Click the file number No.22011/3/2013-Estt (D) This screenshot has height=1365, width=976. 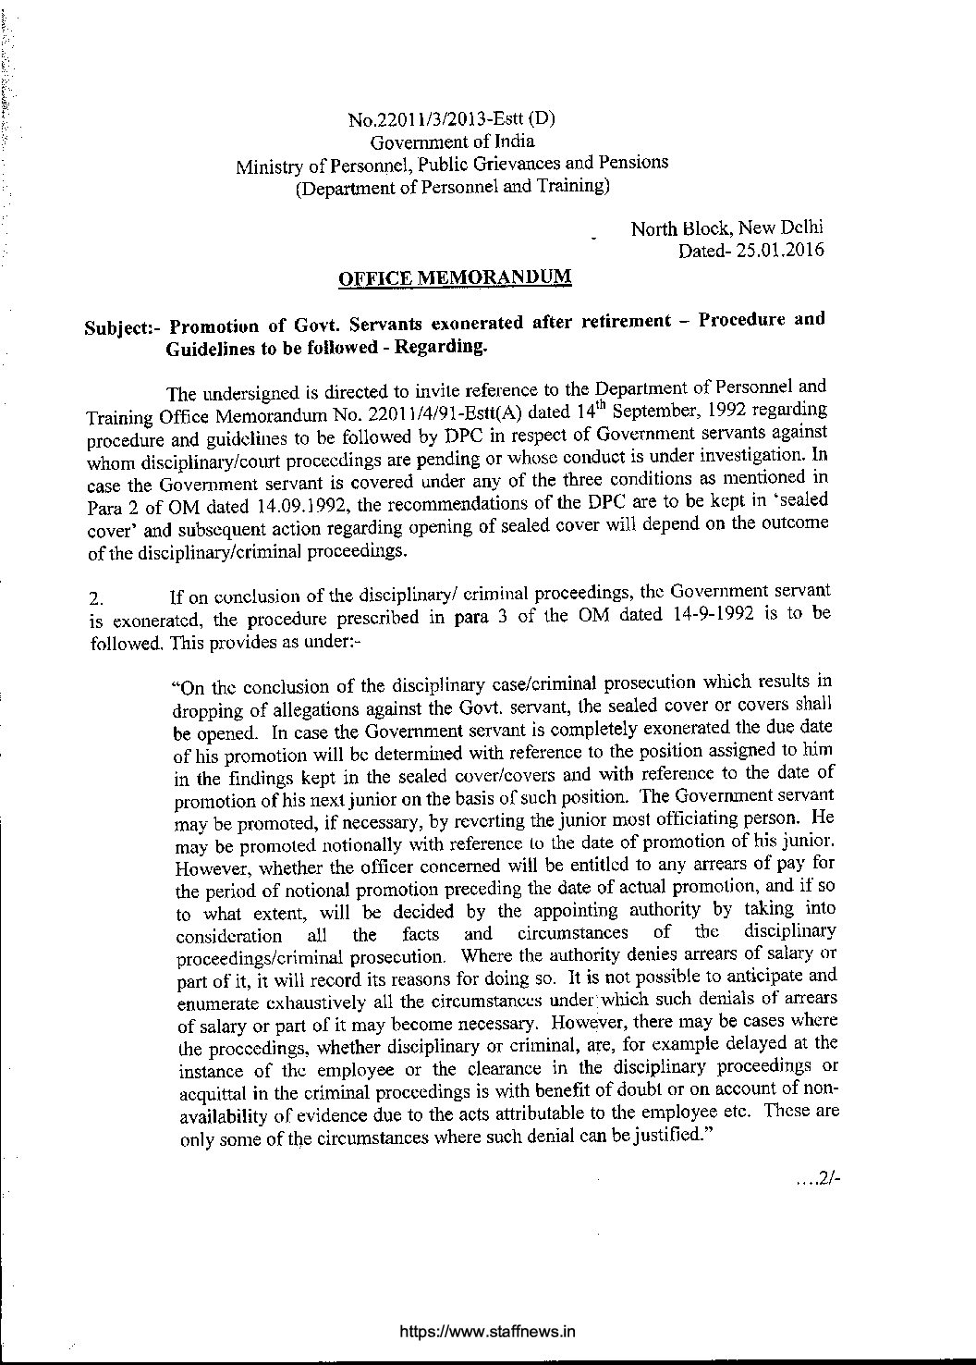pyautogui.click(x=451, y=119)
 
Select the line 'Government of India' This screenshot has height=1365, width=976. pyautogui.click(x=452, y=141)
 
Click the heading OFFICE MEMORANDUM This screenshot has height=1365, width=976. pyautogui.click(x=455, y=277)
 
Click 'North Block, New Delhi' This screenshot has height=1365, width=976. pyautogui.click(x=726, y=227)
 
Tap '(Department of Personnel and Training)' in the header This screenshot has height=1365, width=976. pyautogui.click(x=452, y=187)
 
